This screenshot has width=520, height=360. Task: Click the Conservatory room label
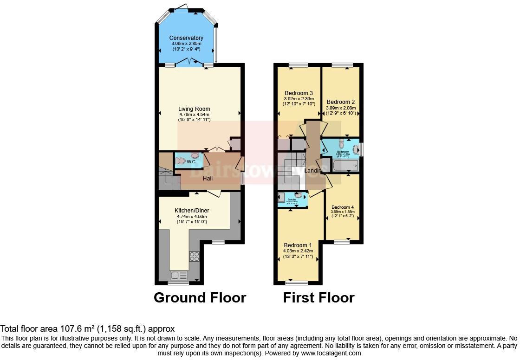(186, 38)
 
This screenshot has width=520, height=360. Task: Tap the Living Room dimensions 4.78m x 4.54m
(195, 114)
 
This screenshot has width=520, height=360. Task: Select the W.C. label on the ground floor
(192, 162)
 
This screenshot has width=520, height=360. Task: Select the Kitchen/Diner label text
(192, 210)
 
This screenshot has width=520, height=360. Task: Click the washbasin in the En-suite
(298, 195)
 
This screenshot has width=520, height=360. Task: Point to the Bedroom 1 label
(298, 245)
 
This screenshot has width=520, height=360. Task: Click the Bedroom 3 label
(299, 93)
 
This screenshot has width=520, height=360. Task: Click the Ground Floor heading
(200, 297)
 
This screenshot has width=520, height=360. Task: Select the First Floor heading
(318, 297)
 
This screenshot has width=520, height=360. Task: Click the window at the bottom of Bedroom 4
(342, 241)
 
